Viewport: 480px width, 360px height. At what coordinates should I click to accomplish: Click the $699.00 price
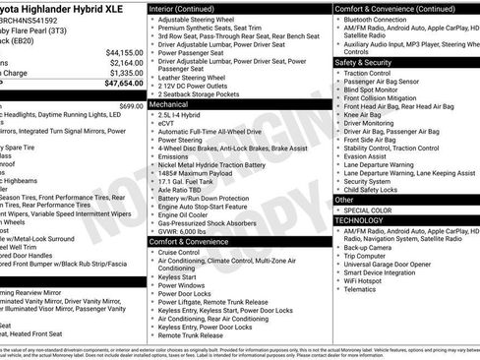coord(131,105)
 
